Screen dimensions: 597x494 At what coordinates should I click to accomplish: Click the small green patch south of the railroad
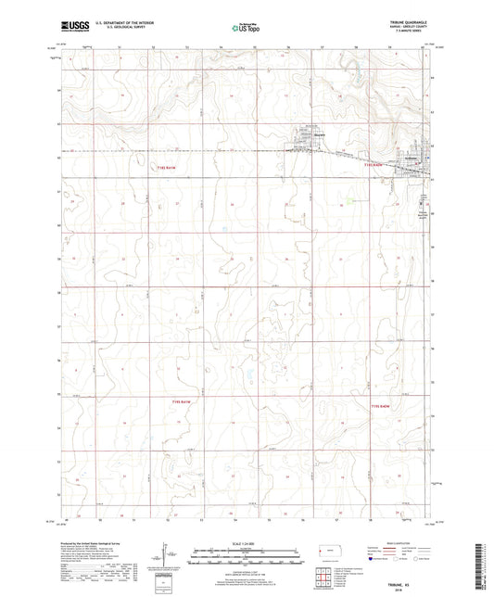[x=352, y=200]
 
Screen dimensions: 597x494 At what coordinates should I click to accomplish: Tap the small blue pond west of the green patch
[x=223, y=229]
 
